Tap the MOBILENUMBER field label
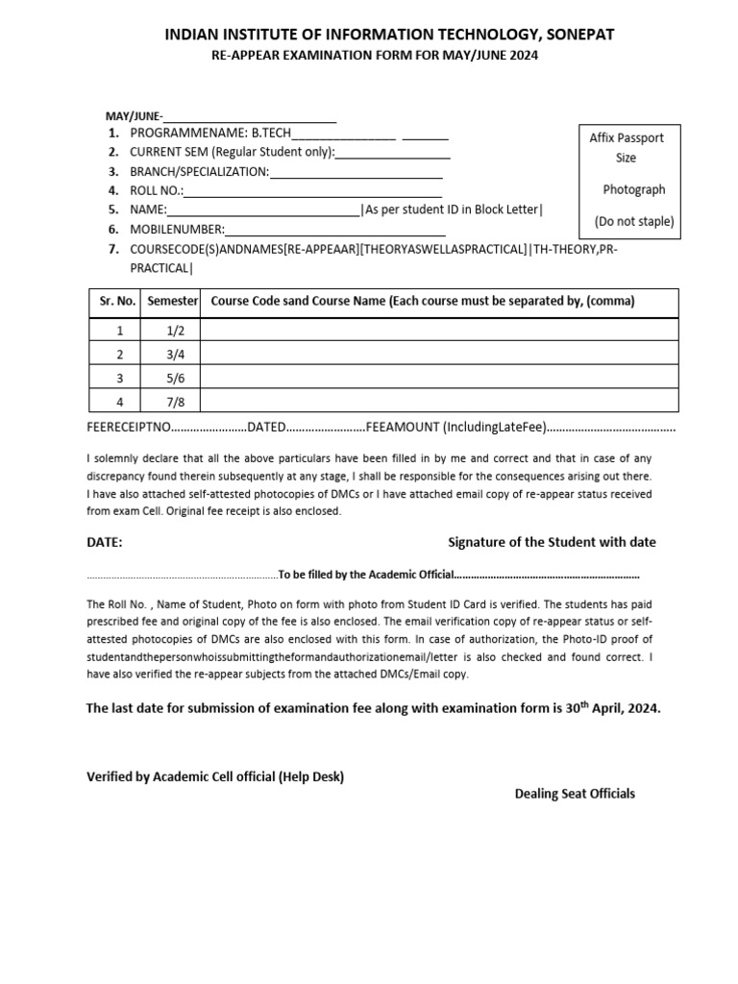[177, 229]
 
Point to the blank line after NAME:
[263, 210]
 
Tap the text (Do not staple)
[633, 222]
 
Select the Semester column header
[172, 302]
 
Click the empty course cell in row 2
[439, 355]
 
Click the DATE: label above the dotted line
[105, 542]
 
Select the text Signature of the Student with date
[552, 542]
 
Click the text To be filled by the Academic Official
[364, 576]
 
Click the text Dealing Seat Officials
[575, 794]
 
